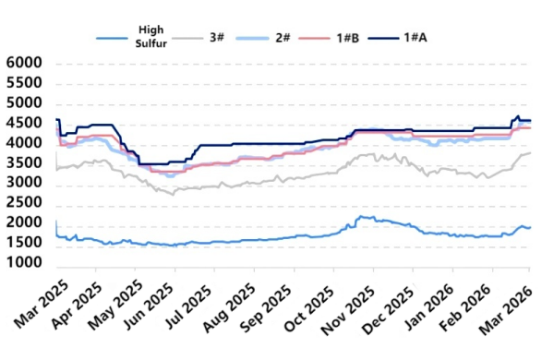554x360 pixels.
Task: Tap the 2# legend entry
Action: point(283,37)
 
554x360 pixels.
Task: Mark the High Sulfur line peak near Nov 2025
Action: point(362,216)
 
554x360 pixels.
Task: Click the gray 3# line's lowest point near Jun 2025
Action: point(173,194)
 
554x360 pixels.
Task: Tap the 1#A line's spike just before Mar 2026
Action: point(518,116)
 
